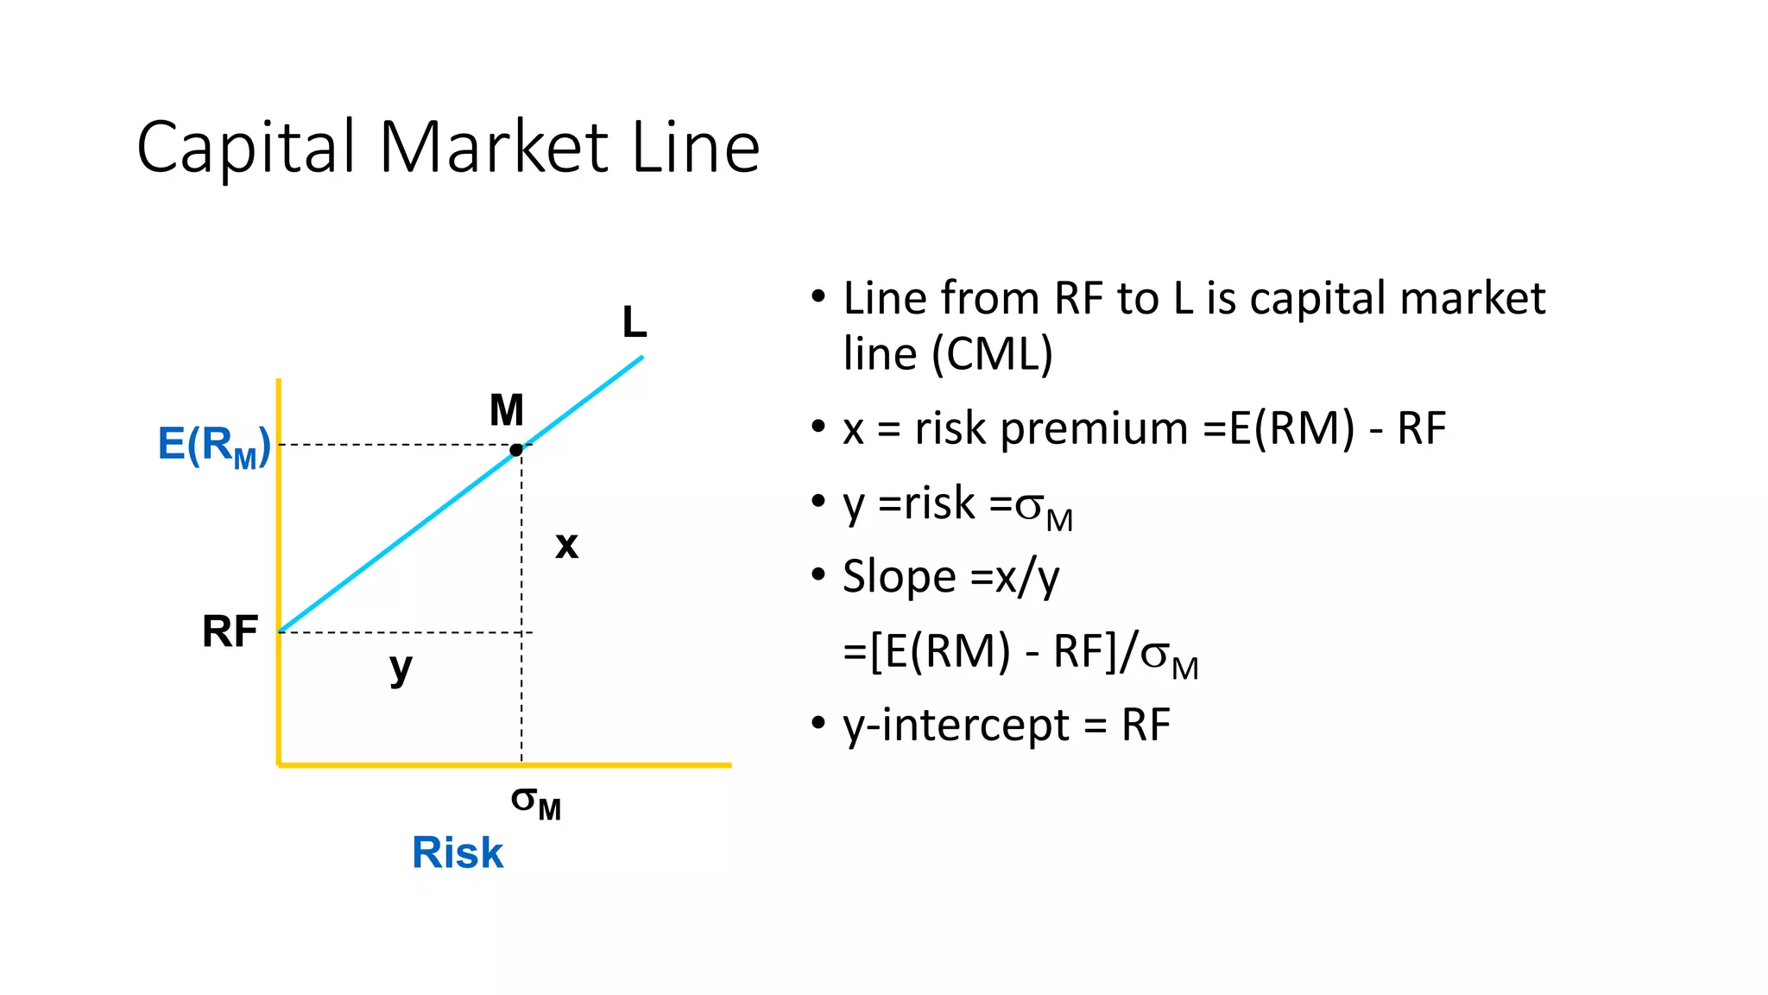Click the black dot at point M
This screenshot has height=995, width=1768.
(x=516, y=450)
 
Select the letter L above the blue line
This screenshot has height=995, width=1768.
(x=635, y=323)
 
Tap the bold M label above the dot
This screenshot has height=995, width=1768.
(x=507, y=410)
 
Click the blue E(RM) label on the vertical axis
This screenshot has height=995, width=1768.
(x=214, y=446)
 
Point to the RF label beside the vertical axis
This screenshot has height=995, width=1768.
(x=230, y=631)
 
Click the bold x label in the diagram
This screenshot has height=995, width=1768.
(x=566, y=545)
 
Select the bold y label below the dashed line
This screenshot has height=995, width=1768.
(x=401, y=668)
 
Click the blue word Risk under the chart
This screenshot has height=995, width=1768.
(x=458, y=852)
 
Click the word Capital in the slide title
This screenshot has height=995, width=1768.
(x=247, y=148)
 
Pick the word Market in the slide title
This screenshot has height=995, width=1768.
(x=494, y=148)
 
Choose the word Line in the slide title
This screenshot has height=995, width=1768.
(x=696, y=148)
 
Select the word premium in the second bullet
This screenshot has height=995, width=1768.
(x=1094, y=428)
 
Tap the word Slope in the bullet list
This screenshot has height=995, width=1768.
(x=900, y=577)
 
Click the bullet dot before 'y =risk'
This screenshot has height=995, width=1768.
(x=818, y=502)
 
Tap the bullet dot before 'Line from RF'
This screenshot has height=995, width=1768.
(x=818, y=297)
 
